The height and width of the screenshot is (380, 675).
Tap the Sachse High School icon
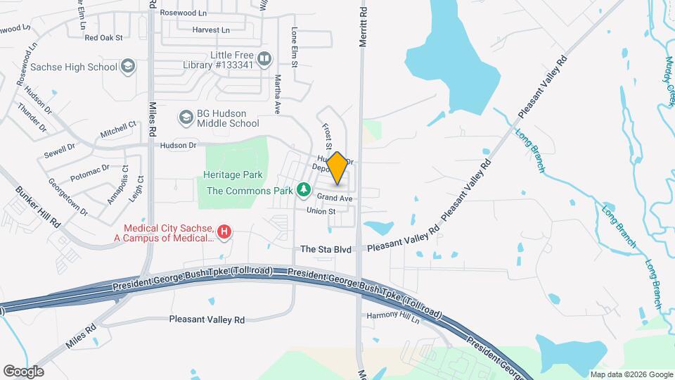pos(127,67)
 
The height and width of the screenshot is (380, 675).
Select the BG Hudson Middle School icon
pos(186,116)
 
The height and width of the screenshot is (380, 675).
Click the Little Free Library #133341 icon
pos(264,60)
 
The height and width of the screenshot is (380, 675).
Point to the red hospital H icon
pos(224,231)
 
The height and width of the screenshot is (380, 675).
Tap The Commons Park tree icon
pos(304,190)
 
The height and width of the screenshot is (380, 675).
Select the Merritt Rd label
pos(363,28)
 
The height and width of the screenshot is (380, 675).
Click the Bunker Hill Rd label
pos(38,206)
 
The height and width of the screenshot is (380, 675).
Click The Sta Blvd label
pos(326,249)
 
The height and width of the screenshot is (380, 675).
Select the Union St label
pos(321,210)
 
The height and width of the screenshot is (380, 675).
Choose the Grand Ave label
pos(334,198)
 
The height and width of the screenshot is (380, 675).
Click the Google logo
pos(23,371)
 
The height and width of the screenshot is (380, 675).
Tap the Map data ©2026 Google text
pos(631,374)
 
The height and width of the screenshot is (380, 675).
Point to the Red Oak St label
pos(103,37)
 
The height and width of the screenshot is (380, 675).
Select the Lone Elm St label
pos(295,49)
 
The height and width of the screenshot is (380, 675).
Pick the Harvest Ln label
pos(211,30)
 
